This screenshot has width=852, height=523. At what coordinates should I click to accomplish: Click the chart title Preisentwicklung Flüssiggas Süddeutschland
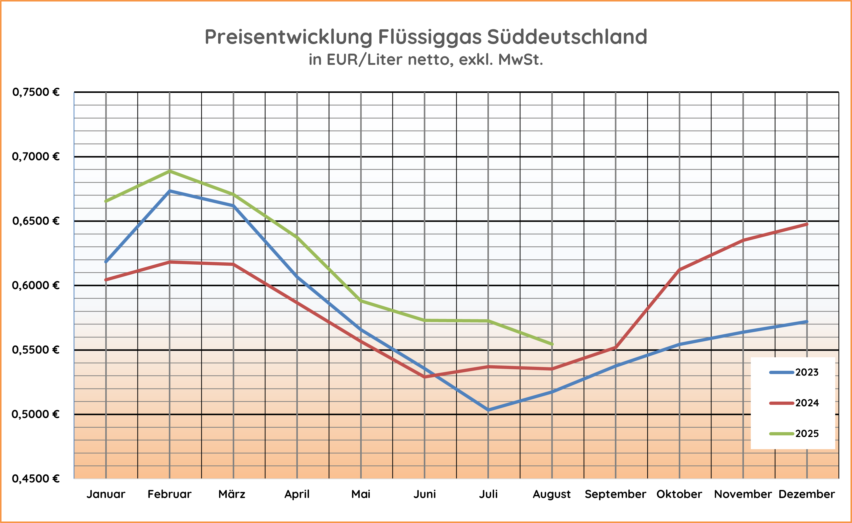pyautogui.click(x=426, y=37)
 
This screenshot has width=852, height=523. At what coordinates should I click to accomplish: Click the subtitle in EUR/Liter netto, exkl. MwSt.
pyautogui.click(x=426, y=60)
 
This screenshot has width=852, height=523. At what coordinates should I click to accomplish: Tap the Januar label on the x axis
pyautogui.click(x=106, y=494)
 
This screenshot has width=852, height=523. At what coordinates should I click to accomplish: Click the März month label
pyautogui.click(x=232, y=494)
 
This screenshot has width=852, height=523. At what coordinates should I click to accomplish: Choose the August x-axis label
pyautogui.click(x=552, y=494)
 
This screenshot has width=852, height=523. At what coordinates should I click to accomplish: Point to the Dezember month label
pyautogui.click(x=807, y=494)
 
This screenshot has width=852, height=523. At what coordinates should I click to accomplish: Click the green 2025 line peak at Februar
pyautogui.click(x=170, y=171)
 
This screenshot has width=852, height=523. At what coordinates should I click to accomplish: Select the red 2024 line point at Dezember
pyautogui.click(x=807, y=224)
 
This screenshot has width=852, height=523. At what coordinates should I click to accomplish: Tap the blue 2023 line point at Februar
pyautogui.click(x=170, y=191)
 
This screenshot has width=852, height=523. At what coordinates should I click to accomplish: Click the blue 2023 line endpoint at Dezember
pyautogui.click(x=807, y=322)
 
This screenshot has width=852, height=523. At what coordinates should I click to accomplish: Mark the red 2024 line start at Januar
pyautogui.click(x=106, y=279)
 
